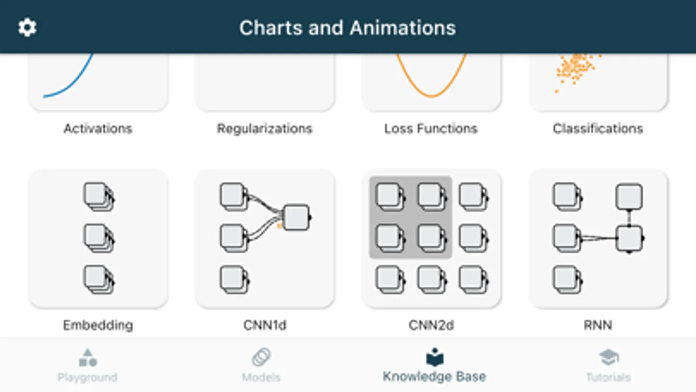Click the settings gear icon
[27, 28]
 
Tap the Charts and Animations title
[347, 28]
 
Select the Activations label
[98, 128]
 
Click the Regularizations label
[265, 128]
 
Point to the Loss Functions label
[431, 128]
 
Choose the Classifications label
[598, 128]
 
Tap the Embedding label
[98, 325]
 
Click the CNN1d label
[265, 325]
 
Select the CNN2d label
[431, 325]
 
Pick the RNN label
[598, 325]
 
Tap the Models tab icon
[261, 358]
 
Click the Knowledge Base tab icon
[434, 358]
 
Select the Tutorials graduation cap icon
[609, 358]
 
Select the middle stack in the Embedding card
[98, 238]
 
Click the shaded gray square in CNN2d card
[410, 217]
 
